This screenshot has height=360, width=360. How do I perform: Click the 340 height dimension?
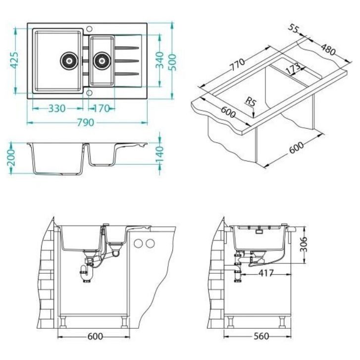point(159,60)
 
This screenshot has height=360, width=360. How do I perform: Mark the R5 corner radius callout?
point(251,103)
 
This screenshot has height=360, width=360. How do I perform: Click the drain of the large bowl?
point(69,60)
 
